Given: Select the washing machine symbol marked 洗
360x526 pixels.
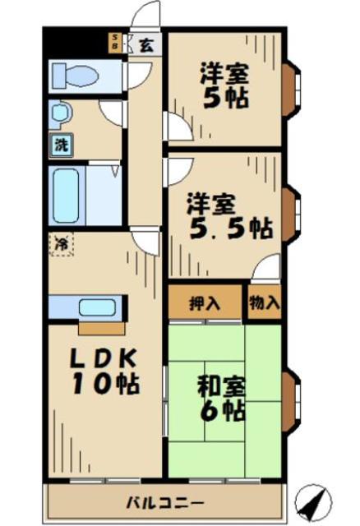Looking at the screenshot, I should coord(62,145).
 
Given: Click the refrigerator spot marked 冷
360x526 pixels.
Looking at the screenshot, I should coord(62,243).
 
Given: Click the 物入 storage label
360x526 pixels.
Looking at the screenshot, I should coord(265,302).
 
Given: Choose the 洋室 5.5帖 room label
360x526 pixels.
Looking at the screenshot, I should coord(228,215).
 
